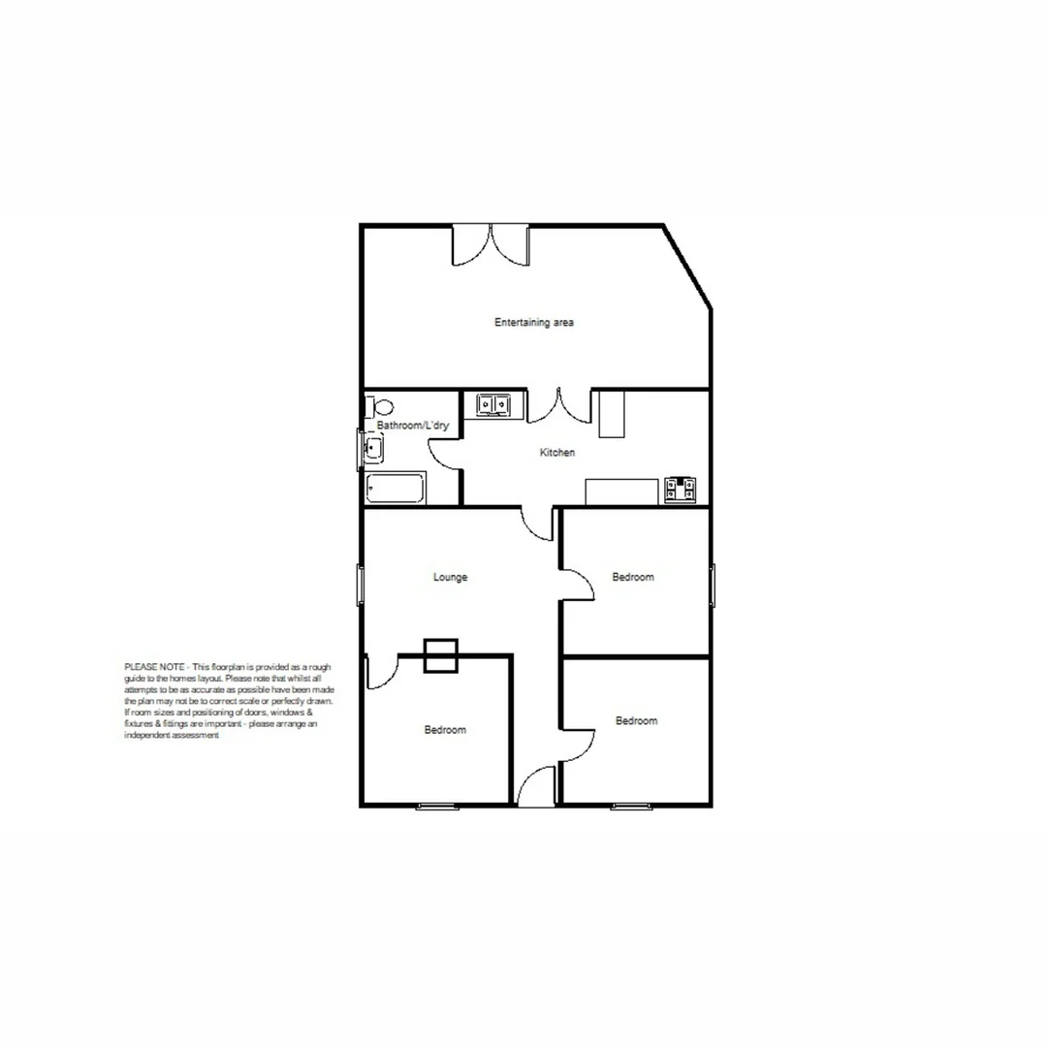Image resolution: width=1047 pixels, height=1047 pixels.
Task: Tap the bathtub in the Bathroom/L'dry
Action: [396, 488]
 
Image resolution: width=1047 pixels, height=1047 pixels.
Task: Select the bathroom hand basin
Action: [372, 449]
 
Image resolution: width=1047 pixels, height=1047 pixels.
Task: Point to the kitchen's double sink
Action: [494, 404]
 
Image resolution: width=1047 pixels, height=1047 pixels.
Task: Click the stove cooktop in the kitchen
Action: [680, 491]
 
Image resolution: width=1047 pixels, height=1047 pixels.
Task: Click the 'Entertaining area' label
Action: [534, 323]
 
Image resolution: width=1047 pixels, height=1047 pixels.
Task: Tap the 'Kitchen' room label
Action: [557, 453]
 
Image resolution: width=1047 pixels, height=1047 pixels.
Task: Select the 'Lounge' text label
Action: [450, 578]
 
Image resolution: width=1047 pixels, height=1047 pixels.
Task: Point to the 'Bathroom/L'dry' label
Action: [413, 426]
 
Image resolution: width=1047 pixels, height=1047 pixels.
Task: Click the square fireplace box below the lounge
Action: [441, 655]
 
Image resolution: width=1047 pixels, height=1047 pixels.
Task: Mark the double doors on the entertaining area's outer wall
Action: [492, 244]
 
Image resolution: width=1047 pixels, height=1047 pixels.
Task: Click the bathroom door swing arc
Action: [444, 453]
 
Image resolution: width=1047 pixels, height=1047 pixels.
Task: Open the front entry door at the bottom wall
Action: [536, 787]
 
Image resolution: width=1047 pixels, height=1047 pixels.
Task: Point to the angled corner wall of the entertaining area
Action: [688, 269]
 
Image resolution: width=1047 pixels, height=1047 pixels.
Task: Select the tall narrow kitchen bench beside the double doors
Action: [611, 414]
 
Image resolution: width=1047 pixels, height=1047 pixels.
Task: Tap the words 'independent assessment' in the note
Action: [173, 736]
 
